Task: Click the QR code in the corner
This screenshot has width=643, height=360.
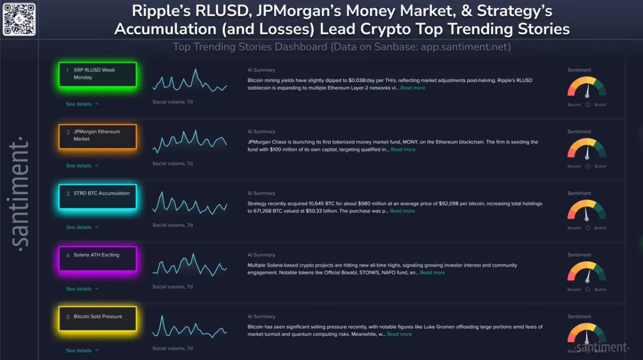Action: pyautogui.click(x=19, y=19)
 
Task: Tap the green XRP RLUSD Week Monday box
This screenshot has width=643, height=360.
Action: pyautogui.click(x=97, y=74)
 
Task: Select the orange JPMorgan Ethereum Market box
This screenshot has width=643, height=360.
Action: pyautogui.click(x=97, y=136)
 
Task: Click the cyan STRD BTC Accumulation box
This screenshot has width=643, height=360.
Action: pyautogui.click(x=97, y=197)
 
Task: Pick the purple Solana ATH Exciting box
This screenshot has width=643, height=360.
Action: pyautogui.click(x=97, y=259)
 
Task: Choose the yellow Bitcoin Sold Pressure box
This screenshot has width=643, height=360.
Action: pyautogui.click(x=97, y=319)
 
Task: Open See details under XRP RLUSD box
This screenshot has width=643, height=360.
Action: pyautogui.click(x=82, y=104)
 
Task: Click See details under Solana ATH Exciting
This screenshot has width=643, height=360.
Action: pyautogui.click(x=82, y=289)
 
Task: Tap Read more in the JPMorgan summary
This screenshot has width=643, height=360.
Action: pyautogui.click(x=403, y=150)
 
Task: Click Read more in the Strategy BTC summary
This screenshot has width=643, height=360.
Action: pyautogui.click(x=402, y=211)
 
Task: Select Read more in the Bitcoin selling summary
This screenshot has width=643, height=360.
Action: pyautogui.click(x=399, y=334)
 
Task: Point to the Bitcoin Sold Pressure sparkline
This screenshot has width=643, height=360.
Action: pyautogui.click(x=190, y=327)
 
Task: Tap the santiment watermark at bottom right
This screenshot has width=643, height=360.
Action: pyautogui.click(x=601, y=347)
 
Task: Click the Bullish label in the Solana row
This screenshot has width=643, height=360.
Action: pyautogui.click(x=600, y=290)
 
